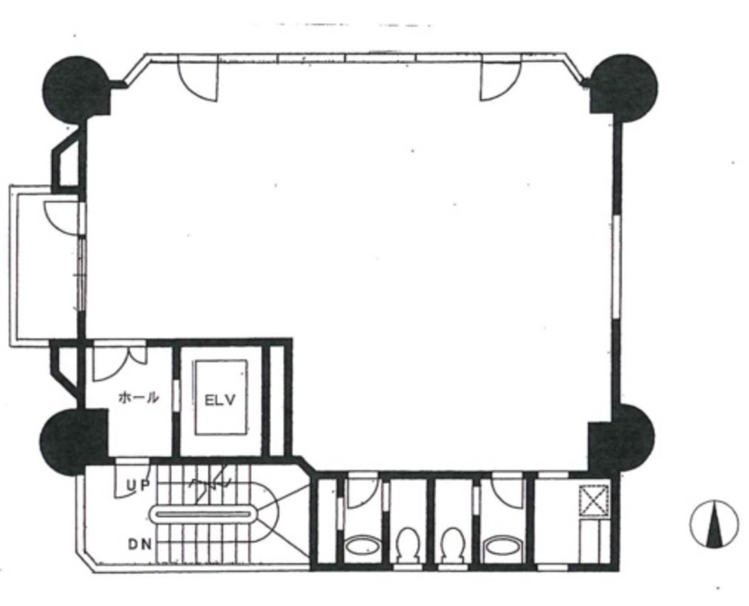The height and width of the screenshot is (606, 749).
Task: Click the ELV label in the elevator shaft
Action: pos(221,400)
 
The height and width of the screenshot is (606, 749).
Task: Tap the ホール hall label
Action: pos(139,397)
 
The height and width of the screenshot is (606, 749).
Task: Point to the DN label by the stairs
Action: pos(139,544)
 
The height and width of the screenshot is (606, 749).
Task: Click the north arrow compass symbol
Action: pos(714,524)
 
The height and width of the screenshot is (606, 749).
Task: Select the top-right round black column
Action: pos(624,88)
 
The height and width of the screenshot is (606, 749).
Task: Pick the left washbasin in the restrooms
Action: pos(362,546)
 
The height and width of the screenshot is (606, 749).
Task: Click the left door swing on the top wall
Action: pos(198,79)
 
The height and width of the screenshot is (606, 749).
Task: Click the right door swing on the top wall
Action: pos(500,79)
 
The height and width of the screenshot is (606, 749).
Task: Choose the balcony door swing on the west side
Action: pos(62,218)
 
